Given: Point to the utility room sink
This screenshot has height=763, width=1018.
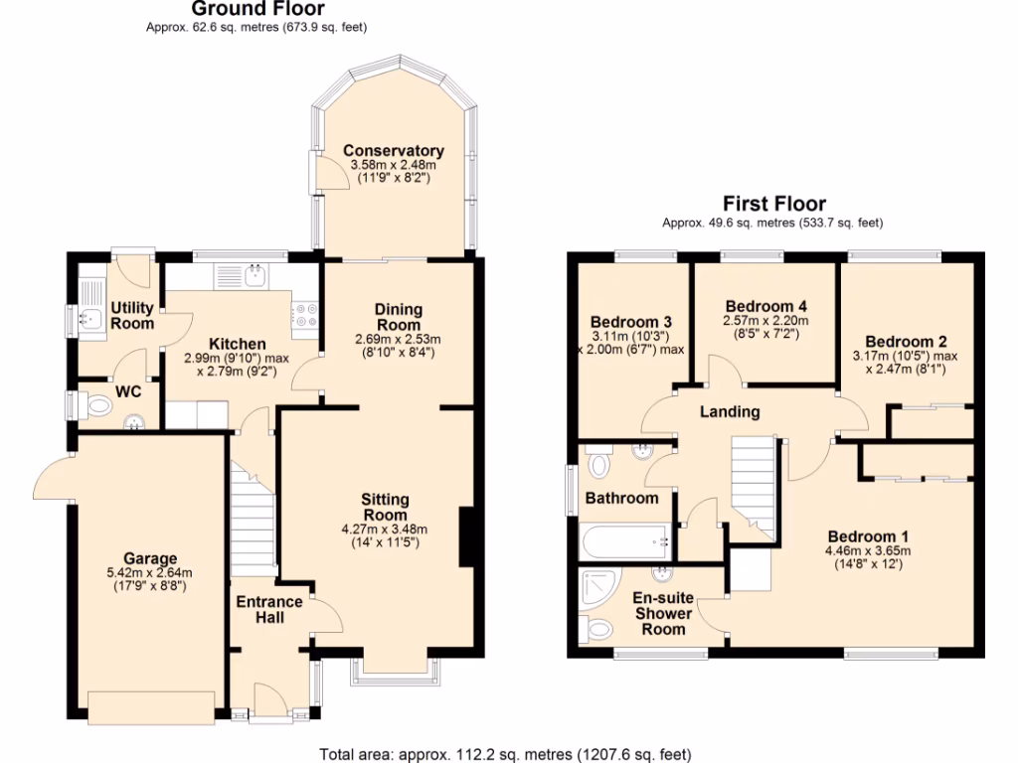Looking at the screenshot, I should click(x=90, y=319).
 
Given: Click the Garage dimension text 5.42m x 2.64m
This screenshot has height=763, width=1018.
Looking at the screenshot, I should click(x=150, y=572).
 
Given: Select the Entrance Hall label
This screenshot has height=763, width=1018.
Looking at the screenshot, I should click(x=268, y=609).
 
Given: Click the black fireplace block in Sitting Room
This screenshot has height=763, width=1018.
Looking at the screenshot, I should click(x=465, y=537).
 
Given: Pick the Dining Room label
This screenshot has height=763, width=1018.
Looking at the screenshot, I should click(x=398, y=317).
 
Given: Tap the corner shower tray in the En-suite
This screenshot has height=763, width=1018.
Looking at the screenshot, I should click(x=602, y=591).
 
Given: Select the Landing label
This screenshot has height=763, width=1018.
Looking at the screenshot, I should click(x=731, y=411).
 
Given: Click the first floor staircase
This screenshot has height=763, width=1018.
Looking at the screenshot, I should click(x=753, y=487).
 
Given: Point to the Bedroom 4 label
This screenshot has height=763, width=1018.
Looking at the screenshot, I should click(x=765, y=306).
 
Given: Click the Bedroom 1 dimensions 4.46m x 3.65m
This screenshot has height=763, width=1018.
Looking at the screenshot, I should click(x=867, y=550).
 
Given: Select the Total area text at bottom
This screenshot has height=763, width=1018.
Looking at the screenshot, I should click(x=505, y=754).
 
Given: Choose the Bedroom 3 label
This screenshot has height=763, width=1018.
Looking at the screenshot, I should click(x=631, y=323).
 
